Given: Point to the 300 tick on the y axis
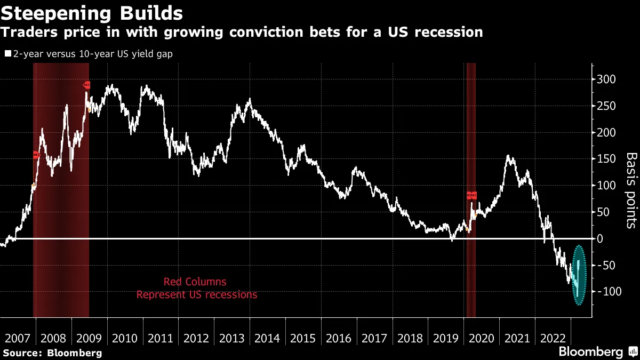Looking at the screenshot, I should (x=606, y=79).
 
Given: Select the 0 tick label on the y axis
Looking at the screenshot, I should (x=600, y=238).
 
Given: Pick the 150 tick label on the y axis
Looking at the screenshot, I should (x=606, y=159).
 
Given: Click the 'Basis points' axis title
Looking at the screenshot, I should (x=630, y=190).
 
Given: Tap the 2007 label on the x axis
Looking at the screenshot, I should (x=17, y=339).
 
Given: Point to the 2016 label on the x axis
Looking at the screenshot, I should (x=339, y=339).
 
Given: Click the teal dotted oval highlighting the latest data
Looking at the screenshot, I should (x=579, y=275).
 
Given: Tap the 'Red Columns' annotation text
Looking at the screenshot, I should (x=195, y=282).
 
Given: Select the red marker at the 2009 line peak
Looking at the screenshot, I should (x=86, y=85).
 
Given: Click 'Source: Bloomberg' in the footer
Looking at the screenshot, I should (x=52, y=353).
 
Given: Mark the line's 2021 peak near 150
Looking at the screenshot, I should (x=509, y=156).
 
